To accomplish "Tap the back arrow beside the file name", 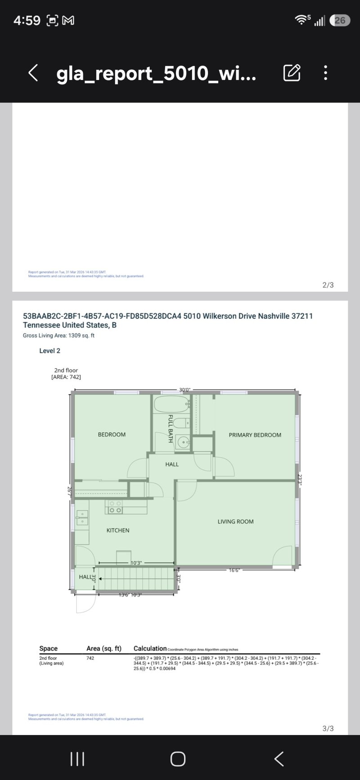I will tap(33, 72).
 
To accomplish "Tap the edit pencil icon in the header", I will tap(292, 72).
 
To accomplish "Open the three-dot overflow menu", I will tap(325, 72).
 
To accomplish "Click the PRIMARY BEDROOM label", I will tap(255, 435).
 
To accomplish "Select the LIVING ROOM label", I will tap(235, 522).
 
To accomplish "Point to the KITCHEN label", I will tap(118, 530).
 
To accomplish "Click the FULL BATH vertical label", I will tap(171, 428).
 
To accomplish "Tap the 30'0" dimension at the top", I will tap(184, 390).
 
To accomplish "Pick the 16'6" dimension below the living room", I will tap(234, 570).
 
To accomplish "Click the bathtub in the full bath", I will tap(171, 404).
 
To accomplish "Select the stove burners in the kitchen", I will tap(115, 507).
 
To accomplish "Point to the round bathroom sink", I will tap(183, 443).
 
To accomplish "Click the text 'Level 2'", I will tap(49, 351).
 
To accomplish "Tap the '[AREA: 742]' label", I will tap(66, 377).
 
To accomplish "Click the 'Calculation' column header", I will tap(150, 649).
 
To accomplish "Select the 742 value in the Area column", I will tap(90, 658).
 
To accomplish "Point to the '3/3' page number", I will tap(328, 728).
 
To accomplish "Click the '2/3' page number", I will tap(328, 285).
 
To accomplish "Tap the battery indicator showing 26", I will tap(340, 20).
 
